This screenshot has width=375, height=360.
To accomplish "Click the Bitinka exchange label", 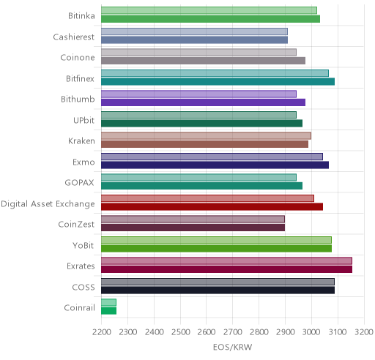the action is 81,16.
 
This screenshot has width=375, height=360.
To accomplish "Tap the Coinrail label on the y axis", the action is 79,308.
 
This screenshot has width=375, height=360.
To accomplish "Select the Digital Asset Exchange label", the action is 48,204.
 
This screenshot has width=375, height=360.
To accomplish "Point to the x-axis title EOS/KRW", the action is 232,347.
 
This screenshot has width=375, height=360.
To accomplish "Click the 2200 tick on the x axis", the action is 102,332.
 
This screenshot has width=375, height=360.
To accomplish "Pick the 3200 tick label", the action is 364,332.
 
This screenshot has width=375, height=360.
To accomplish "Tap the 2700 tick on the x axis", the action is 233,332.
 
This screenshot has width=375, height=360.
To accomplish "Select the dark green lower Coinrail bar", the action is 108,311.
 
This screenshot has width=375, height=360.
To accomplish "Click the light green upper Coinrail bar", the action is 108,303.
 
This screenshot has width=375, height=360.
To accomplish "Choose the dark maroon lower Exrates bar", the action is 226,269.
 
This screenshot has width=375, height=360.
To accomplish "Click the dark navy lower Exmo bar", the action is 215,165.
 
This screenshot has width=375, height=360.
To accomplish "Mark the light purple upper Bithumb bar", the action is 198,94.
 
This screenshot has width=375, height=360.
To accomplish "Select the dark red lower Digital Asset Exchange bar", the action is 212,207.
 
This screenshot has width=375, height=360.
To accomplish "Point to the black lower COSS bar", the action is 218,290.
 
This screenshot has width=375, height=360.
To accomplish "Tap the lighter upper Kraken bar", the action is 206,136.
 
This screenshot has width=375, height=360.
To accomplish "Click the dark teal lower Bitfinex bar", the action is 218,82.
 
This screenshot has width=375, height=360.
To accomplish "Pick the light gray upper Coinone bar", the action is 198,53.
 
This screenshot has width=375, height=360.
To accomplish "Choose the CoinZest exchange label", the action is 76,225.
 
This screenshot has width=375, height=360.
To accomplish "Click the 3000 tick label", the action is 311,332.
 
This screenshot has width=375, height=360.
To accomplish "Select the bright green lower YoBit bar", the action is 216,249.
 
